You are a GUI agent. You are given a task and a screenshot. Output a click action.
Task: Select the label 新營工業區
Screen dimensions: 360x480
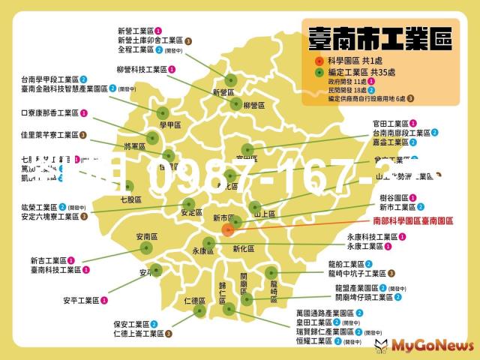(136, 31)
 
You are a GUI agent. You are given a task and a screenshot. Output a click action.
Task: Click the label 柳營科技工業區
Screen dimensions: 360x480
(141, 69)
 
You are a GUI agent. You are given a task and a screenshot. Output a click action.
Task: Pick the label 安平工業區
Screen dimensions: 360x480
(81, 300)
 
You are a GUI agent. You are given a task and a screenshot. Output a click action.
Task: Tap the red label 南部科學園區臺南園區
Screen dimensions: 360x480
(413, 221)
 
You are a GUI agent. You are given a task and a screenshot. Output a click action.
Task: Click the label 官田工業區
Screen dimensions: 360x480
(390, 124)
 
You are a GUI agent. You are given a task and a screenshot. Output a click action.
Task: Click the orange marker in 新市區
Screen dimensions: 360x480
(228, 230)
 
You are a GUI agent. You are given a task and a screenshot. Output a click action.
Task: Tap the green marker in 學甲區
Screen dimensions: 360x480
(153, 137)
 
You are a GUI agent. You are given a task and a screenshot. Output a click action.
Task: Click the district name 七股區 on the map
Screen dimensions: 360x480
(130, 200)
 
